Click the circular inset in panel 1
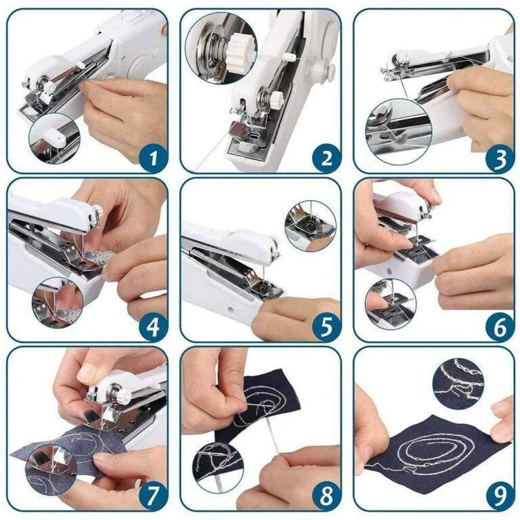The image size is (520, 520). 54,139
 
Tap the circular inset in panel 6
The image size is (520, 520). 391,304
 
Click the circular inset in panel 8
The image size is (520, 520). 217,465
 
